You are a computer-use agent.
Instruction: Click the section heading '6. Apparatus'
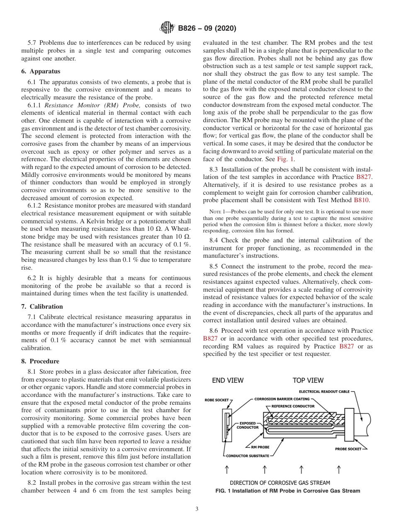tap(41, 71)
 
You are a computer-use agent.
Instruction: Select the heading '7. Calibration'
tap(42, 307)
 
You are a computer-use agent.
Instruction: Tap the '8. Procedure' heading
tap(40, 361)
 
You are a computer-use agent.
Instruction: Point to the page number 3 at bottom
tap(197, 509)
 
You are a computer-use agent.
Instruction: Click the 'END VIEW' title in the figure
tap(228, 380)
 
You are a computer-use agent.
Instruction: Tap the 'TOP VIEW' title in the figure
tap(308, 380)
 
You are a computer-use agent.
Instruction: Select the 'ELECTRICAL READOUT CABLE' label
tap(324, 392)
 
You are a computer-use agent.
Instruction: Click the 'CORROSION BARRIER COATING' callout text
tap(282, 399)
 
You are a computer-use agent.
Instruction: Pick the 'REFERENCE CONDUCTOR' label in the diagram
tap(292, 406)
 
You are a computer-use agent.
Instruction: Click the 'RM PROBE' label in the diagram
tap(260, 447)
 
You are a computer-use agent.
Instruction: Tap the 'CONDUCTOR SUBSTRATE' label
tap(247, 456)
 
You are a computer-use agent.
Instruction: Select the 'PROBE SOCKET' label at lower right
tap(348, 449)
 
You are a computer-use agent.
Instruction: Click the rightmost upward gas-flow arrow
tap(338, 469)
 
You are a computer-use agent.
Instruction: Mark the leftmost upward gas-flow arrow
tap(227, 469)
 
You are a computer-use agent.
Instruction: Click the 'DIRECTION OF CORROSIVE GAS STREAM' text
tap(280, 483)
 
